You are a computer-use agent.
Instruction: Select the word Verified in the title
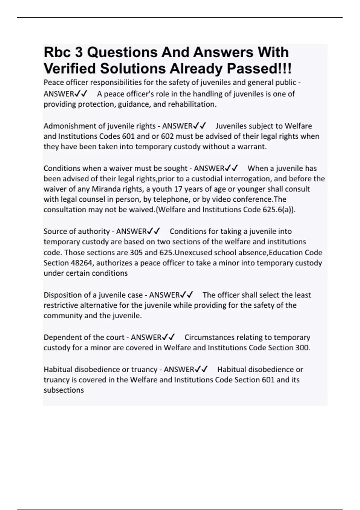70,69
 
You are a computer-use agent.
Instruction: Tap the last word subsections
64,390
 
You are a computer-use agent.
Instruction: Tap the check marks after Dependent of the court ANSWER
168,337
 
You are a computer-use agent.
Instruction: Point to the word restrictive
62,305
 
